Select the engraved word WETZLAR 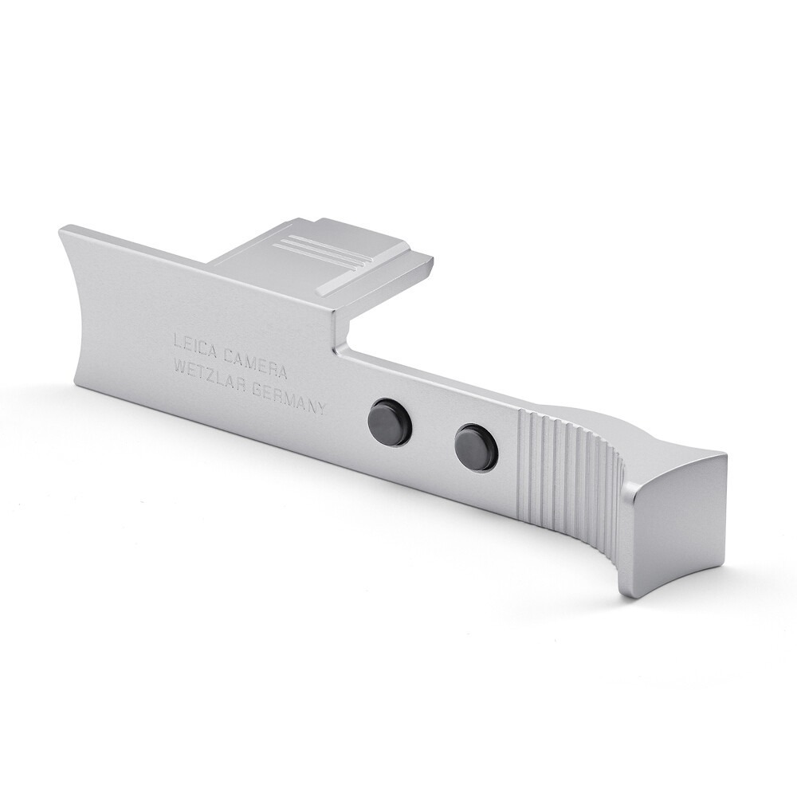pyautogui.click(x=210, y=375)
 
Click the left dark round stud pyautogui.click(x=390, y=422)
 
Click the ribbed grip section pyautogui.click(x=567, y=474)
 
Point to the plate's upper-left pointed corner pyautogui.click(x=61, y=230)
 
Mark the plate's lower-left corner pyautogui.click(x=76, y=383)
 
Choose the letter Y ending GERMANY pyautogui.click(x=321, y=408)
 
